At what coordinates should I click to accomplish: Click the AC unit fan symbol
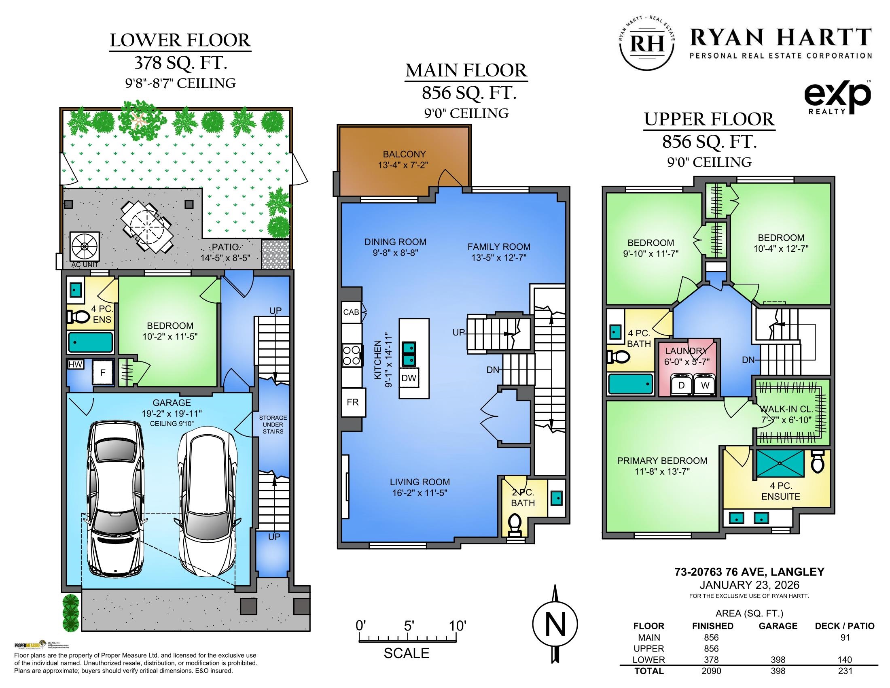[x=85, y=246]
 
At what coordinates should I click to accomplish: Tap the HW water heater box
[x=75, y=364]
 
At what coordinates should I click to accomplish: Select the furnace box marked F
[x=103, y=372]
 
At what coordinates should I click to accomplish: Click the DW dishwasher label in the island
[x=409, y=378]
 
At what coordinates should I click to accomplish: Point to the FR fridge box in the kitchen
[x=353, y=402]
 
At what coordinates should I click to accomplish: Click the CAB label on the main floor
[x=351, y=312]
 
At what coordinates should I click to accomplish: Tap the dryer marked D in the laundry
[x=681, y=385]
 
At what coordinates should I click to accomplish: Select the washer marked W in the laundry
[x=705, y=385]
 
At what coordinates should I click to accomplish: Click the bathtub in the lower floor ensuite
[x=90, y=342]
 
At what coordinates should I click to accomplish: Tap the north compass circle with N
[x=555, y=624]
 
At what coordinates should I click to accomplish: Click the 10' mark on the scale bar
[x=457, y=626]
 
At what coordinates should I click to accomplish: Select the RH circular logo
[x=646, y=44]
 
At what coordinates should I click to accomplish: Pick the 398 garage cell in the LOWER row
[x=778, y=660]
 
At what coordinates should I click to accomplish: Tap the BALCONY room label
[x=404, y=154]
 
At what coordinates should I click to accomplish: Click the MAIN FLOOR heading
[x=466, y=70]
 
